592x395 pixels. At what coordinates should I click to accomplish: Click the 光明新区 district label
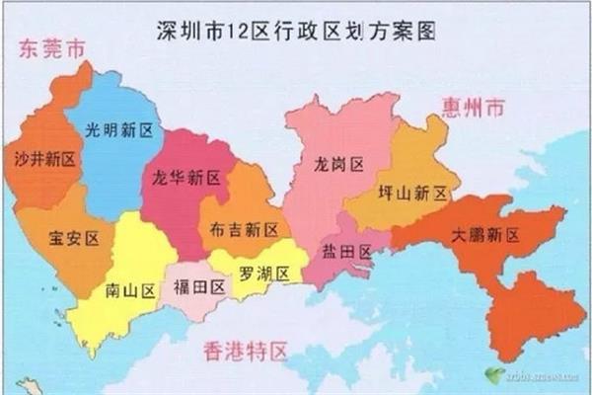[x=118, y=130]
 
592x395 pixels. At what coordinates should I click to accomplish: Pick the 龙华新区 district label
[x=187, y=179]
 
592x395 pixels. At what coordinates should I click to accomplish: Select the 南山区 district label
[x=131, y=291]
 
